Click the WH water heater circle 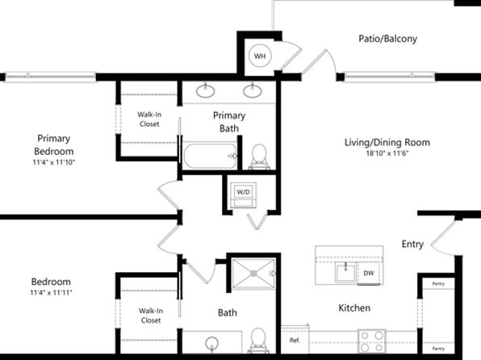[260, 56]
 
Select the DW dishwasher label [369, 273]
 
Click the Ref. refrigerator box [295, 340]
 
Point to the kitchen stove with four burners [372, 341]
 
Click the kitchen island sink [345, 273]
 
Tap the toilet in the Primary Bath [259, 157]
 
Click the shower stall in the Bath [253, 274]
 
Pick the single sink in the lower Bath [211, 343]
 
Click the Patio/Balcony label [387, 39]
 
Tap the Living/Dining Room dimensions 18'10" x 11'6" [387, 153]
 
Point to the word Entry [412, 244]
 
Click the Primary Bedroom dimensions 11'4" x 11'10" [54, 162]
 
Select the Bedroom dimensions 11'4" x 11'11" [51, 292]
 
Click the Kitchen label [354, 308]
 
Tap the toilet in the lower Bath [258, 341]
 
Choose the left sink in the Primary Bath [205, 91]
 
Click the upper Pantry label [438, 284]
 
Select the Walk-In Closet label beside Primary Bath [149, 119]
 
